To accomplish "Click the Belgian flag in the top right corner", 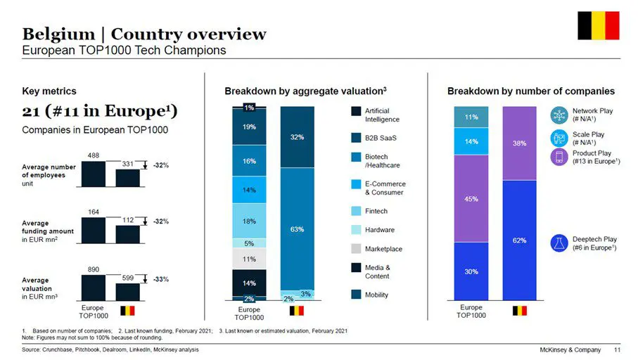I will [x=598, y=25].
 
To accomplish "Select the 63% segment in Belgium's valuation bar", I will [x=297, y=229].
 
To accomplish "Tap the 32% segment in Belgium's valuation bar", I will [x=297, y=137].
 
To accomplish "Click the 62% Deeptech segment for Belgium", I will [x=520, y=240].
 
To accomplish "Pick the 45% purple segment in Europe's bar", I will [x=471, y=198].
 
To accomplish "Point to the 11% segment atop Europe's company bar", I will [x=471, y=117].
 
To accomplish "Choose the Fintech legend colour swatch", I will [x=357, y=211].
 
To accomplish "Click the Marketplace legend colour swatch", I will [x=357, y=249].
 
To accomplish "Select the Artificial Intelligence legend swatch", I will [x=357, y=111].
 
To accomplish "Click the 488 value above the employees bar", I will [x=93, y=154].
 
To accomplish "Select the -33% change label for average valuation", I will [x=161, y=279].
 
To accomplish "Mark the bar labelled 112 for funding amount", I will [x=128, y=234].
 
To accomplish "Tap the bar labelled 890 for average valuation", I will [x=93, y=288].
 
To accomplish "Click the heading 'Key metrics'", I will [x=49, y=91].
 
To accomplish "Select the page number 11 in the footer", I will [x=617, y=349].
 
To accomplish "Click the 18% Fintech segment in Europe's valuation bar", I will [x=250, y=221].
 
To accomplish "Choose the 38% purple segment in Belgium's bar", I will [x=520, y=143].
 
